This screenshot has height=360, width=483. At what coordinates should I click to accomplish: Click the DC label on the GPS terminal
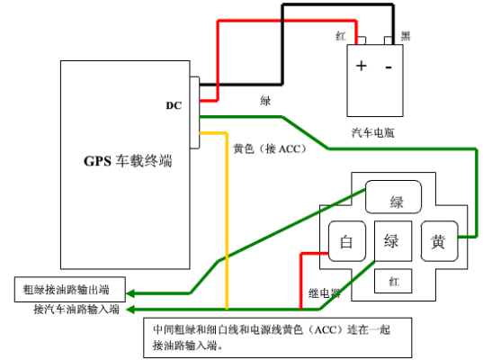coord(174,105)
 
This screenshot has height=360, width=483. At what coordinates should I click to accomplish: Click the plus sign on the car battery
coord(361,66)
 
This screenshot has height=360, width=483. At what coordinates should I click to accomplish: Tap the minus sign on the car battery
coord(389,67)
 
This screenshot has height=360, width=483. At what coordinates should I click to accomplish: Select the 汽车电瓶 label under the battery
coord(372,133)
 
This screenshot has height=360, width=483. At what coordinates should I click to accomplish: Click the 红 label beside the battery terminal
coord(341,36)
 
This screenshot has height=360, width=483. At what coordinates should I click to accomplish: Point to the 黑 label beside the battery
coord(406,36)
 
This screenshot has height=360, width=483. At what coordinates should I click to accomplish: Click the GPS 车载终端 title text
coord(128,161)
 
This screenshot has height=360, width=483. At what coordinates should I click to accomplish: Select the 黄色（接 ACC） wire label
coord(270,148)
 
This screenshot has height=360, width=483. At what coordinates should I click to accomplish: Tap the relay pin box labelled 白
coord(347,241)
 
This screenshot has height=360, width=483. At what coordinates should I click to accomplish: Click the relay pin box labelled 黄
coord(440,241)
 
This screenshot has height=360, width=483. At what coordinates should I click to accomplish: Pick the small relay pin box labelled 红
coord(393,281)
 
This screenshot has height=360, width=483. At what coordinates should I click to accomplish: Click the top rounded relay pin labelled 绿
coord(393,196)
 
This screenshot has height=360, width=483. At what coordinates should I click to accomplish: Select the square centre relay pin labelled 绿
coord(393,241)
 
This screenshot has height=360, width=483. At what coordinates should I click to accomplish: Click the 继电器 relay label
coord(325,293)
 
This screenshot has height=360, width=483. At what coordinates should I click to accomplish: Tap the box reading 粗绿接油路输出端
coord(70,290)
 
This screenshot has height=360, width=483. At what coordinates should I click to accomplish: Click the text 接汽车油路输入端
coord(76,309)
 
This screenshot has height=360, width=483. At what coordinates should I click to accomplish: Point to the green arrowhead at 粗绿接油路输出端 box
coord(130,293)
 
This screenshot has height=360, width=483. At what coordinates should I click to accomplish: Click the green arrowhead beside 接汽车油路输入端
coord(130,309)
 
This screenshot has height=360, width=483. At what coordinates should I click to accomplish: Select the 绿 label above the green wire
coord(265,101)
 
